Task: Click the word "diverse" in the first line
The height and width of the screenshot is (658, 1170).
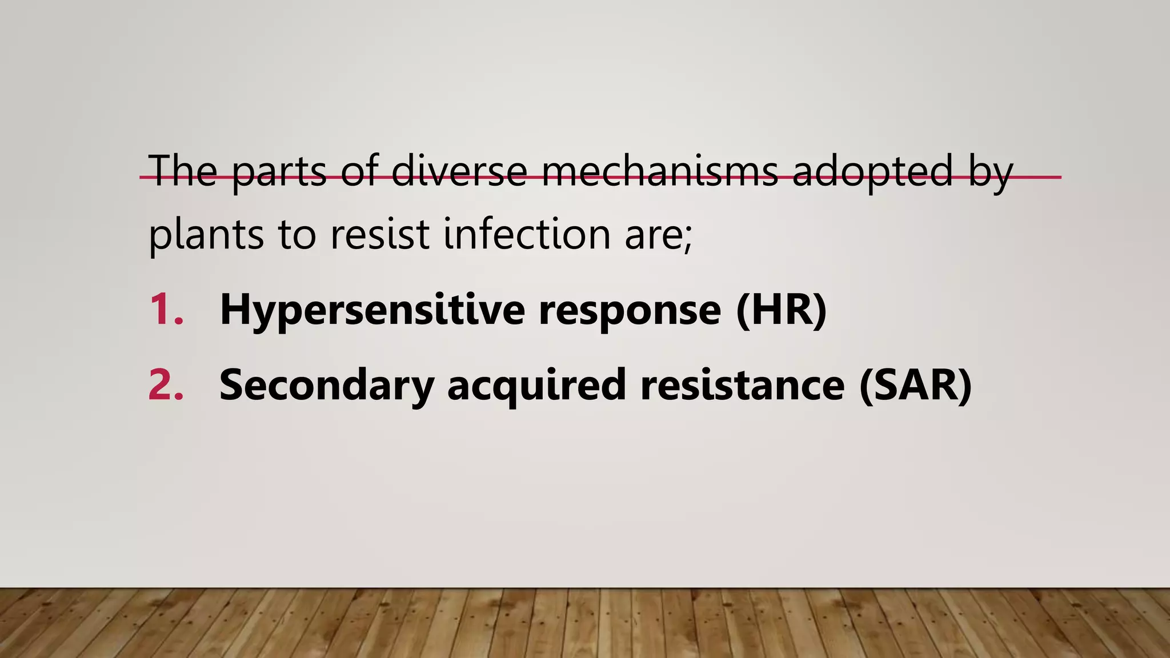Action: pyautogui.click(x=459, y=171)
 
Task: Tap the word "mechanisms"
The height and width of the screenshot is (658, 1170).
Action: pyautogui.click(x=659, y=171)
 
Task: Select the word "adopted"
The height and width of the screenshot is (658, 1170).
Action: pyautogui.click(x=873, y=171)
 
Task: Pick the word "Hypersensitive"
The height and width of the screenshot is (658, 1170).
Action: pyautogui.click(x=372, y=310)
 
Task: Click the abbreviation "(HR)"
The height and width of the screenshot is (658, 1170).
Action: pyautogui.click(x=782, y=310)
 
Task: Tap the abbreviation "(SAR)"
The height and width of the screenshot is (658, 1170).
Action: pyautogui.click(x=915, y=386)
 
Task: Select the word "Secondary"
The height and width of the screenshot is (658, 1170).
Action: pyautogui.click(x=326, y=386)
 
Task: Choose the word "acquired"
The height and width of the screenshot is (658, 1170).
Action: pyautogui.click(x=536, y=386)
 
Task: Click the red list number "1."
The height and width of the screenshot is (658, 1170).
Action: pyautogui.click(x=166, y=310)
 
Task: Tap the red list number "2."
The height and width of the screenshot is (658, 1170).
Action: pyautogui.click(x=166, y=386)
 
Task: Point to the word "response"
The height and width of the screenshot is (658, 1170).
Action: pyautogui.click(x=630, y=310)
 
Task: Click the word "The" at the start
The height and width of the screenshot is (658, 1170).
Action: pyautogui.click(x=183, y=171)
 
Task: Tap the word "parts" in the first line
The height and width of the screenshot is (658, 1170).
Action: pyautogui.click(x=279, y=171)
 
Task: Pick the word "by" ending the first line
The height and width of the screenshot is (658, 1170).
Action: pyautogui.click(x=991, y=171)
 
